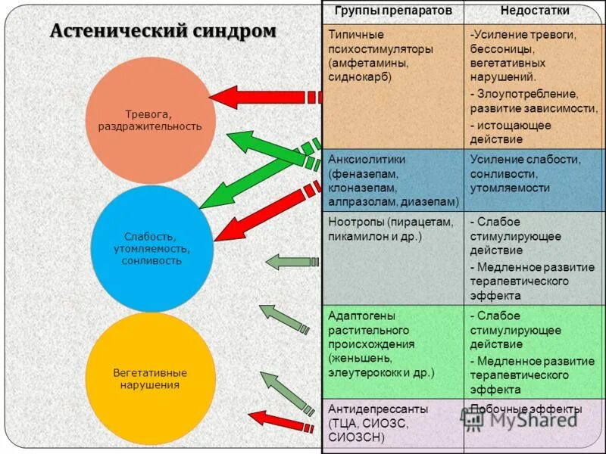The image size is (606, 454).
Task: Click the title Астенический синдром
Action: (163, 32)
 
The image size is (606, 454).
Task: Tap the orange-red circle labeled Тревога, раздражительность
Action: (150, 120)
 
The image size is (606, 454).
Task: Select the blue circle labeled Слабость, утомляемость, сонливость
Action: (151, 249)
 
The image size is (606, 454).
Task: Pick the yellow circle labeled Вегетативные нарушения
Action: (150, 378)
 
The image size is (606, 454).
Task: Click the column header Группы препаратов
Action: (393, 11)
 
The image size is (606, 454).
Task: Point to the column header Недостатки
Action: (535, 11)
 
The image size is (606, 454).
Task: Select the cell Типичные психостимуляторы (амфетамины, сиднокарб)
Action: (393, 56)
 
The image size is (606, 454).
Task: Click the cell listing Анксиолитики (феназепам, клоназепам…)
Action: (393, 181)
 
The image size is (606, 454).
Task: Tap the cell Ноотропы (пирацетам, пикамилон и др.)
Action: (393, 229)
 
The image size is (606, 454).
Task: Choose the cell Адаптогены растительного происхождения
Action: (393, 344)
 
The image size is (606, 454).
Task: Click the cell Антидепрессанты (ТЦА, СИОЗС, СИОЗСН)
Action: (393, 422)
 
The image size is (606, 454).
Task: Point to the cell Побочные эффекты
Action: (526, 409)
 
